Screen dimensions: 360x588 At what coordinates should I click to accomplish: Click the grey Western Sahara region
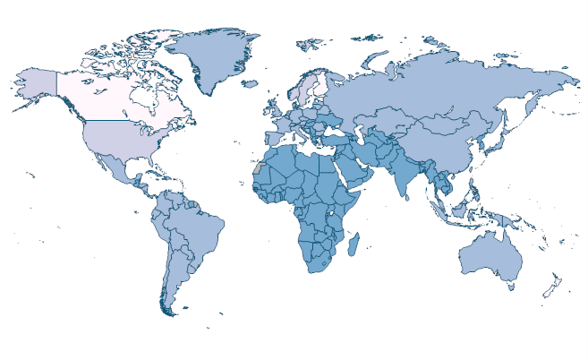(259, 168)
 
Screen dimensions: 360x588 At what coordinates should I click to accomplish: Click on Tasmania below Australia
(511, 287)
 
